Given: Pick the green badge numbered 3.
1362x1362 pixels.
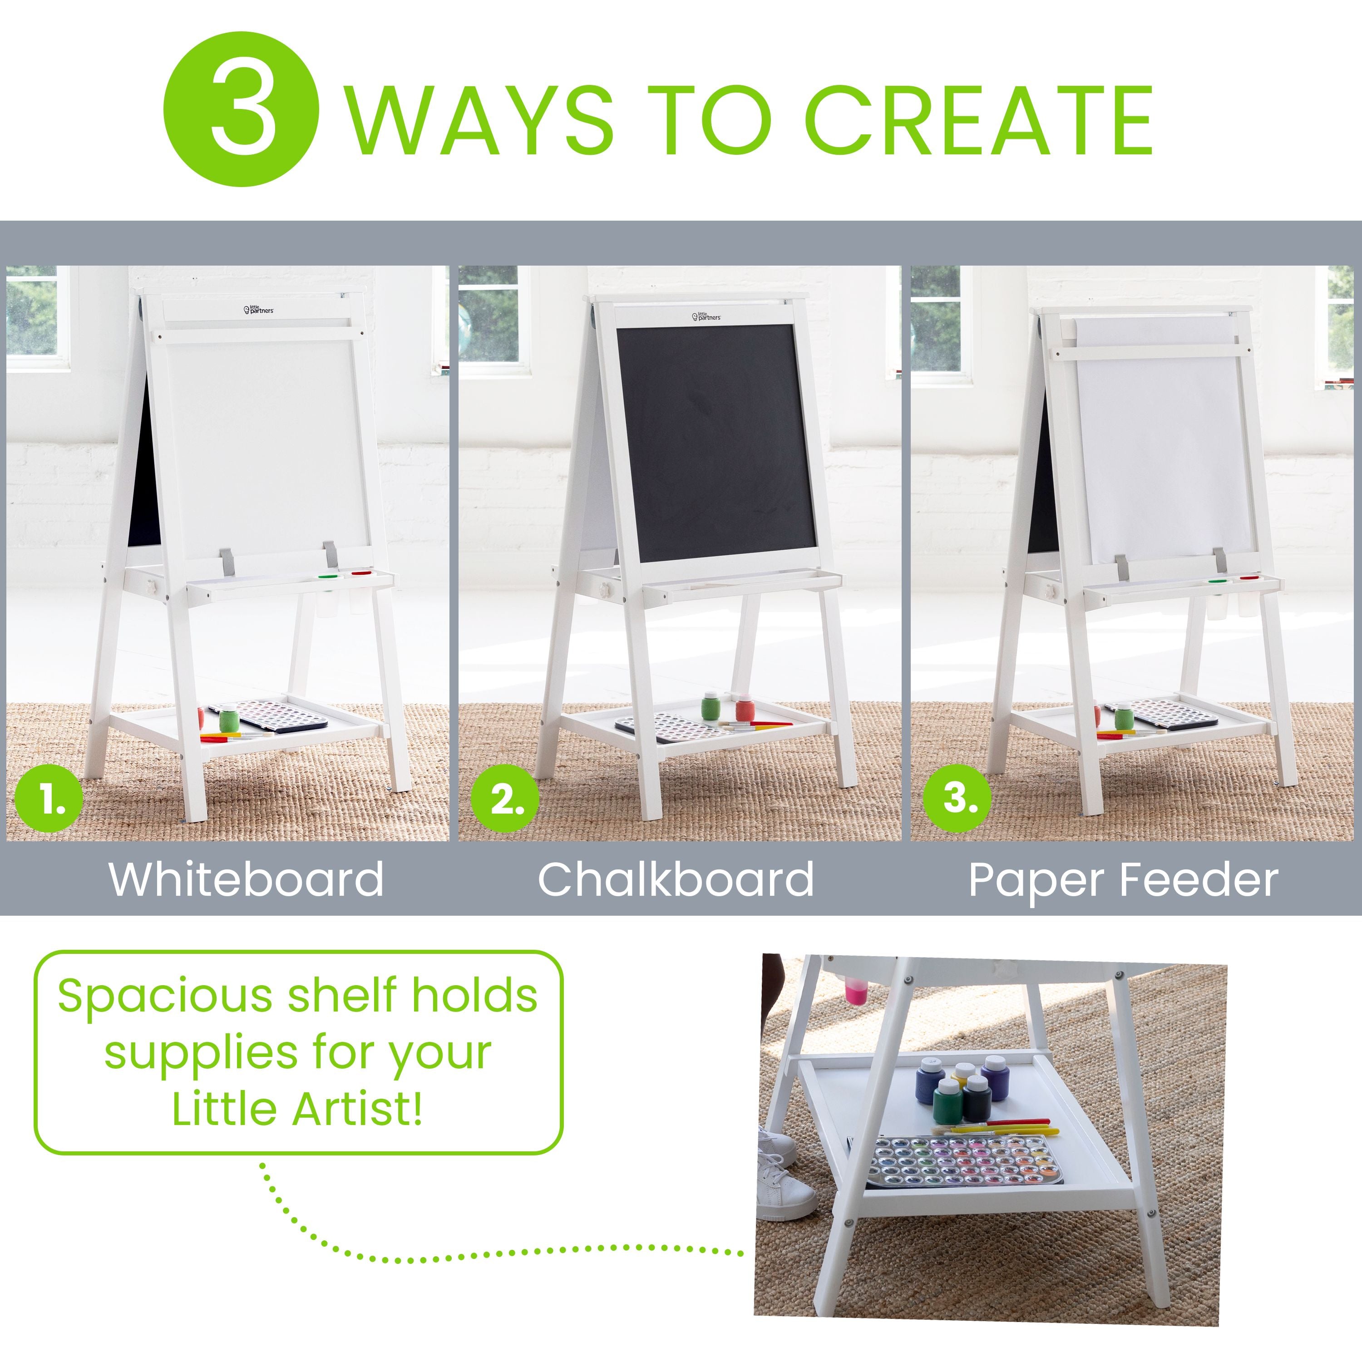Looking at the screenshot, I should click(x=956, y=802).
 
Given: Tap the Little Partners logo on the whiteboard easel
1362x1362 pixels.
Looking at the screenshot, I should click(x=259, y=309).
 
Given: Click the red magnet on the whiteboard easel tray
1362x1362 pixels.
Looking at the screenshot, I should click(x=361, y=572).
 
